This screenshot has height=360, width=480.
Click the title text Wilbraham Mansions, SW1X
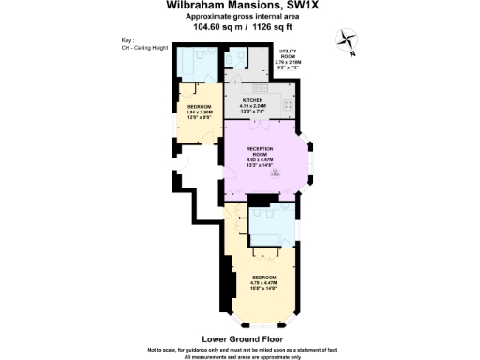click(240, 6)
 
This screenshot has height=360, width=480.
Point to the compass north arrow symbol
click(349, 40)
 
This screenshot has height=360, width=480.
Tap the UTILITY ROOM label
click(288, 58)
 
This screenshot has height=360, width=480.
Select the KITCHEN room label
click(252, 99)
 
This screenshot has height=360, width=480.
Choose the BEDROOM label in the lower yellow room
click(263, 279)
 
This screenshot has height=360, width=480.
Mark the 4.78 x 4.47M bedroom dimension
click(263, 285)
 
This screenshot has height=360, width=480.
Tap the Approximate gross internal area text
click(240, 17)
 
